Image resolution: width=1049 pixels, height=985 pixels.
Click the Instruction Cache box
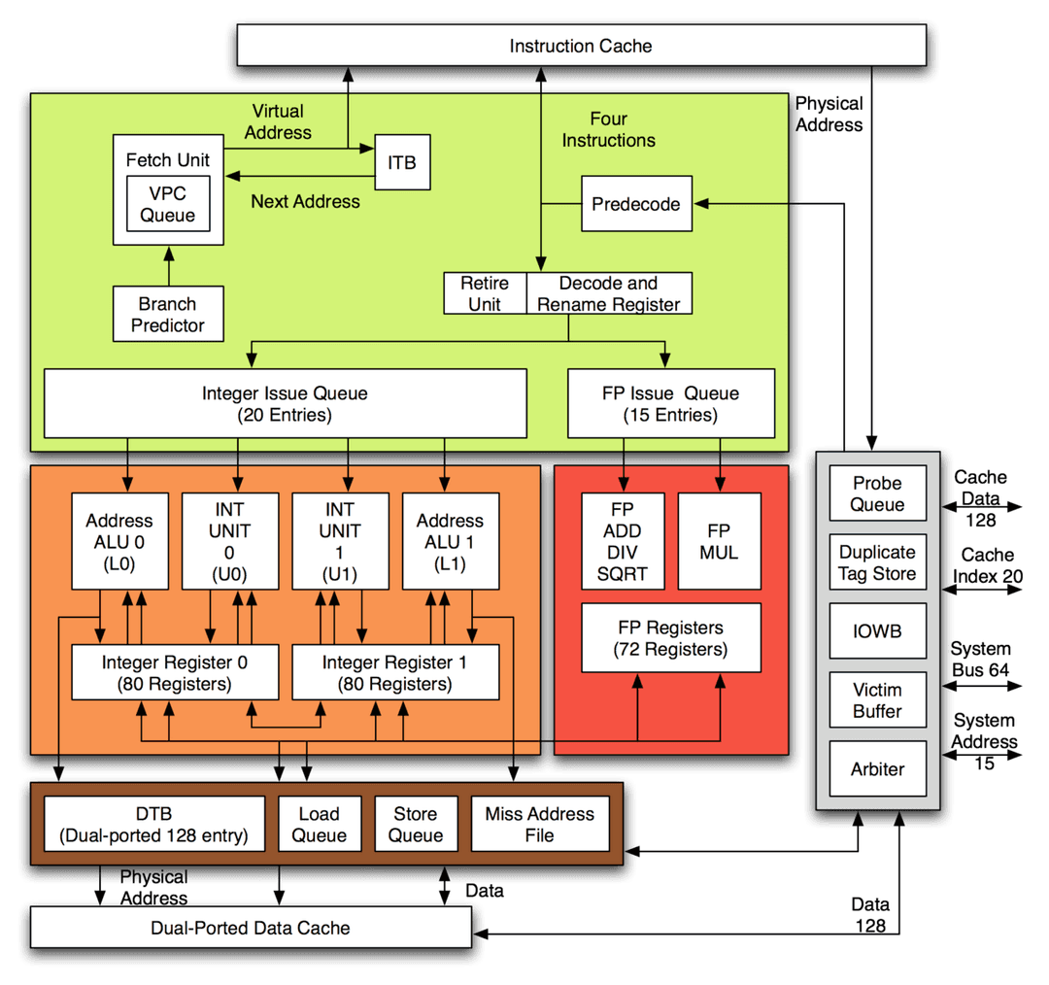click(x=581, y=46)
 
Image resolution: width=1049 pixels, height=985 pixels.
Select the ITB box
click(x=402, y=162)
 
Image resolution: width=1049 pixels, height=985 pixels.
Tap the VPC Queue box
click(x=167, y=204)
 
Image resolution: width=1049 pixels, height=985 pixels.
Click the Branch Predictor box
click(x=168, y=314)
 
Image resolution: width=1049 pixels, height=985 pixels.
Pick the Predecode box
click(x=636, y=204)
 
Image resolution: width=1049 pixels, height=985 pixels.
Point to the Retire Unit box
click(x=485, y=293)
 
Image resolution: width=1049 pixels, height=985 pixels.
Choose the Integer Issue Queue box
click(x=285, y=403)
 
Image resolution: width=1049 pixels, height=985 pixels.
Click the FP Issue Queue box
click(x=670, y=403)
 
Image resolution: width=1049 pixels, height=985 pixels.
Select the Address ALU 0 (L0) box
click(x=119, y=542)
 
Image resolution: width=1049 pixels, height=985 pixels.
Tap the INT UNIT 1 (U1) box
click(x=340, y=542)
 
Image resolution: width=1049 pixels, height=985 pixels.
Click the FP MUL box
click(x=719, y=542)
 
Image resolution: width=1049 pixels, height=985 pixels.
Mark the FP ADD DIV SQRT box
click(x=623, y=542)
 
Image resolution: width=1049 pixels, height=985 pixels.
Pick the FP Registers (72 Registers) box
click(x=670, y=638)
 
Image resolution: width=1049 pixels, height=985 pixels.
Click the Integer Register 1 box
click(x=394, y=672)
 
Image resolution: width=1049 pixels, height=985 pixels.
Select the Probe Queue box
click(x=877, y=493)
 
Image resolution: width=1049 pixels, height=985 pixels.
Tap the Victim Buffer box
click(x=877, y=700)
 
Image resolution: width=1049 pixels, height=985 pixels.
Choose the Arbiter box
click(x=877, y=769)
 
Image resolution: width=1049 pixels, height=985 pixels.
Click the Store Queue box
click(x=416, y=824)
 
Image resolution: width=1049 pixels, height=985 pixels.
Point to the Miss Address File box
click(x=539, y=824)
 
